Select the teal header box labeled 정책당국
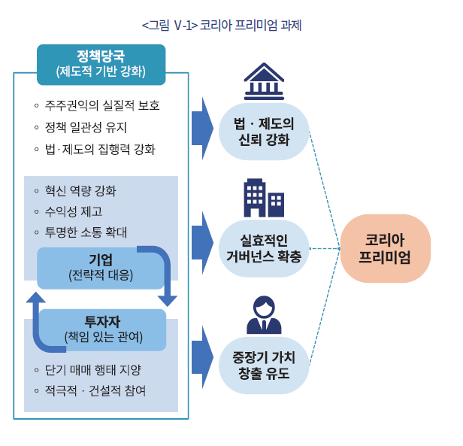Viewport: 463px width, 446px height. [101, 64]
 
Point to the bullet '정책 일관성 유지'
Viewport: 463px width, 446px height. [86, 127]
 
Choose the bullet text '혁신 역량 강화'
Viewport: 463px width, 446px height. [80, 190]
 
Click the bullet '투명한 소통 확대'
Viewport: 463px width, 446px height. [86, 232]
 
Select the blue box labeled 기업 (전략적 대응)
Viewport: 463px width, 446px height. [100, 267]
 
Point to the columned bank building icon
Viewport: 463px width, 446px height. [264, 80]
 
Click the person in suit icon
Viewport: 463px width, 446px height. [264, 316]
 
